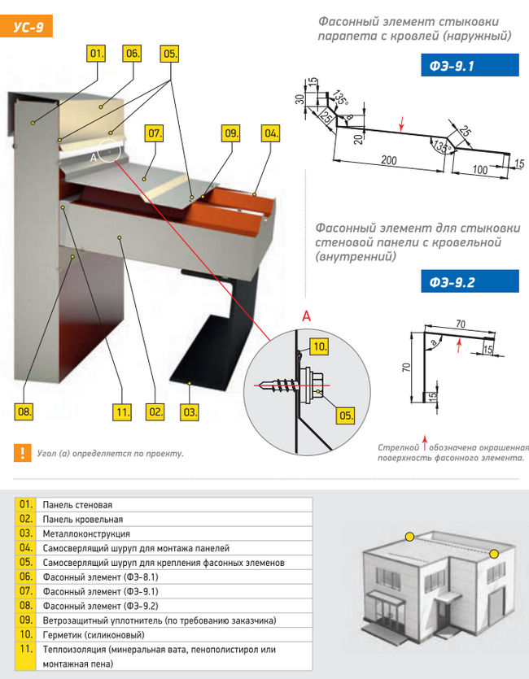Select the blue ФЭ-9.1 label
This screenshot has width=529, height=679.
pyautogui.click(x=470, y=65)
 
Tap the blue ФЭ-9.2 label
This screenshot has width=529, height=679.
pyautogui.click(x=470, y=281)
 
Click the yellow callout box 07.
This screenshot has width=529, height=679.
pyautogui.click(x=155, y=133)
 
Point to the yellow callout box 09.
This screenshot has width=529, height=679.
pyautogui.click(x=232, y=133)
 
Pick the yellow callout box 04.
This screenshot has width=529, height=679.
pyautogui.click(x=271, y=133)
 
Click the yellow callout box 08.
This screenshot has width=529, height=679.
pyautogui.click(x=24, y=411)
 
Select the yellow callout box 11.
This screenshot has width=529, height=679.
pyautogui.click(x=122, y=411)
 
